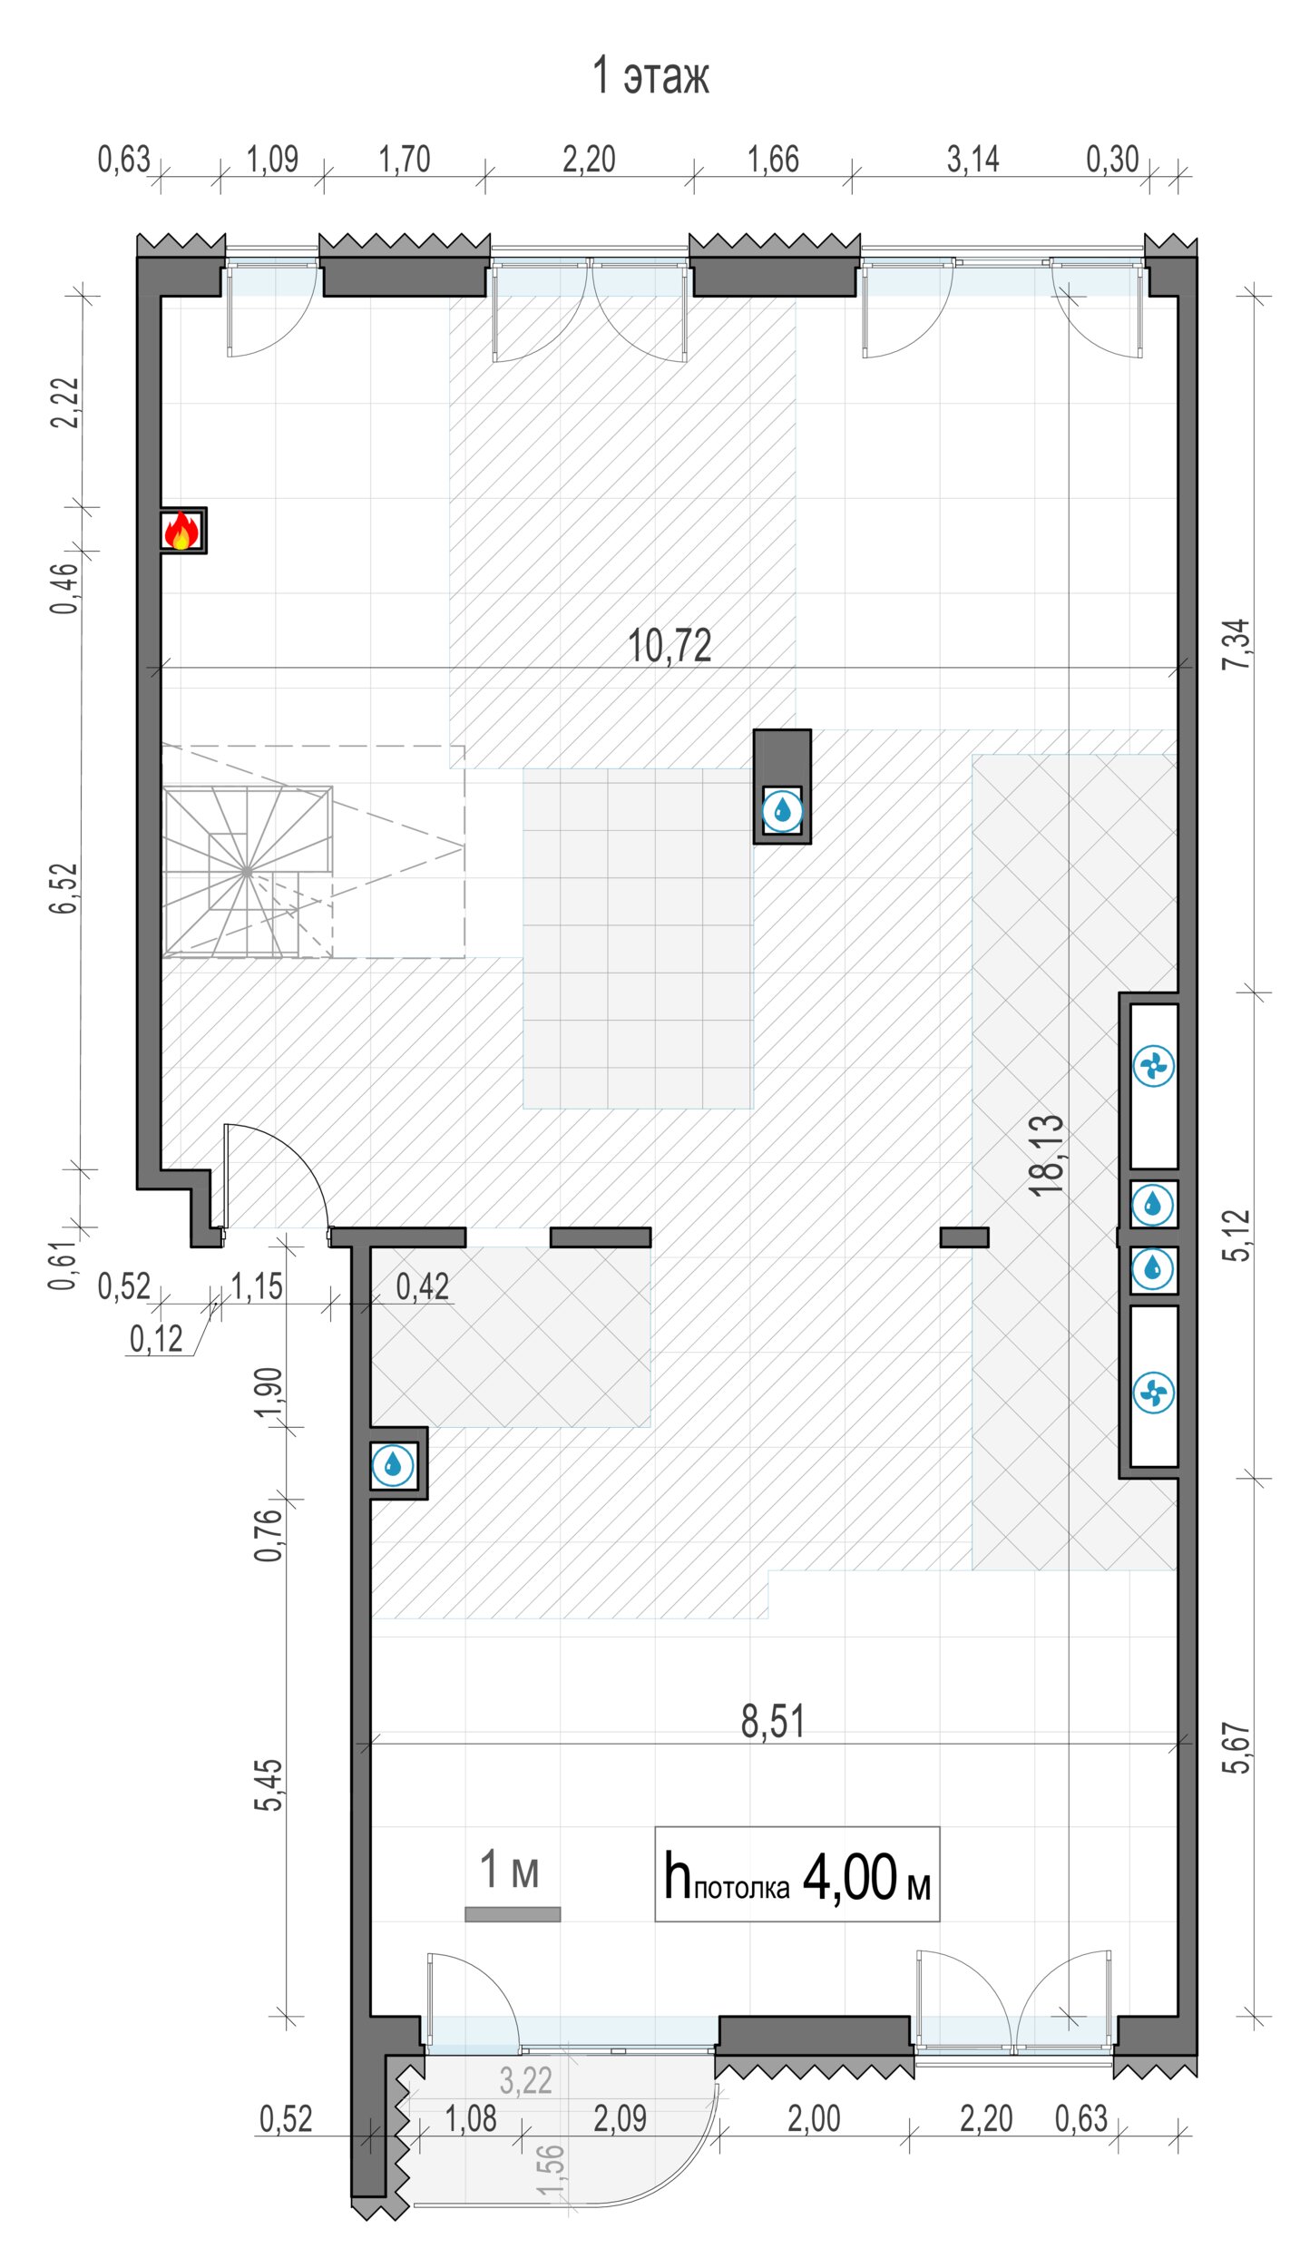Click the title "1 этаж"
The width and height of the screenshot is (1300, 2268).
pyautogui.click(x=650, y=74)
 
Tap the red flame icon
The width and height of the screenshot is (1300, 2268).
pyautogui.click(x=181, y=530)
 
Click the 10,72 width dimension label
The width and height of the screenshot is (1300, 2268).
pyautogui.click(x=670, y=646)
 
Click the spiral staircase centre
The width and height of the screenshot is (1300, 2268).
pyautogui.click(x=247, y=871)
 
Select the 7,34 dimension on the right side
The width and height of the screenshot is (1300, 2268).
pyautogui.click(x=1236, y=644)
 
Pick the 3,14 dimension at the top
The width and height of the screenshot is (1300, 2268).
pyautogui.click(x=973, y=160)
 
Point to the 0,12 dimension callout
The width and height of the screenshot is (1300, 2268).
pyautogui.click(x=156, y=1339)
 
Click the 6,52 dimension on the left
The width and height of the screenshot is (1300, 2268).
pyautogui.click(x=64, y=887)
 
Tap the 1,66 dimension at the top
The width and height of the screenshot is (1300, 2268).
pyautogui.click(x=773, y=160)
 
